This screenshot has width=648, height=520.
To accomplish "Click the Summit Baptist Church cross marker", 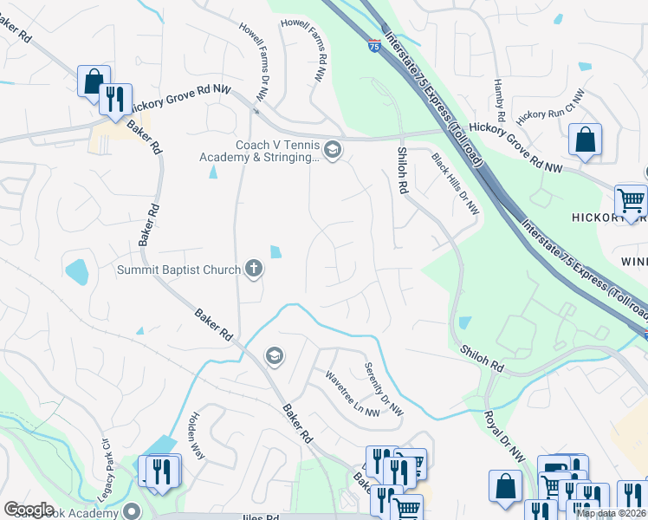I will [253, 269].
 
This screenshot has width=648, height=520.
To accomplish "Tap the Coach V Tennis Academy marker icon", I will [333, 151].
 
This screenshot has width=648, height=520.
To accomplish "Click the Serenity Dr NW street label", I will [384, 387].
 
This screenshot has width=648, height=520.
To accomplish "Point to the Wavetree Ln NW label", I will [353, 394].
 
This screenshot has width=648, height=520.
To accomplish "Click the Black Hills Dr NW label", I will [456, 183].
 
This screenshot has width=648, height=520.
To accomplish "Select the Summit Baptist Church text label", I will [178, 270].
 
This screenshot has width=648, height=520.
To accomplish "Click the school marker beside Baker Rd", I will [275, 355].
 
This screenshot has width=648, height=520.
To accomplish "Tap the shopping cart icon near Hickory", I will [631, 200].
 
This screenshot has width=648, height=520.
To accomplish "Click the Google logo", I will [29, 510].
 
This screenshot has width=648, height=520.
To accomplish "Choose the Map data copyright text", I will [610, 513].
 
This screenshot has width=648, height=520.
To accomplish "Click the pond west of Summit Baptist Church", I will [76, 272].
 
